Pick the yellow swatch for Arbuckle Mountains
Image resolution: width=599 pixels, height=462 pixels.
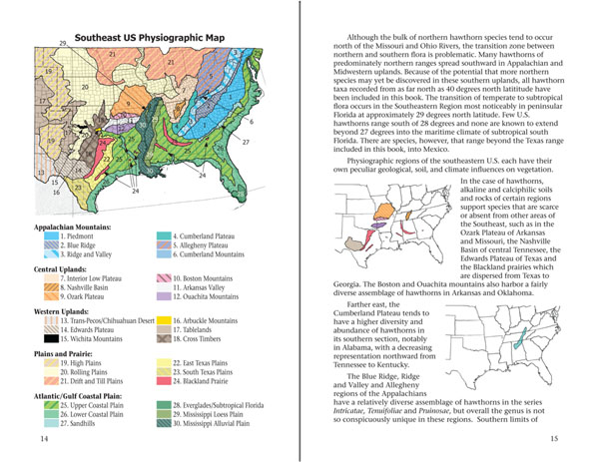tap(162, 321)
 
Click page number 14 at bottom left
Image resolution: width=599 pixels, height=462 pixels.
tap(42, 439)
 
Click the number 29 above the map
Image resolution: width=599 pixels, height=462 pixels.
tap(62, 44)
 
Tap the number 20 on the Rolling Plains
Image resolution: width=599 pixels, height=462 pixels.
tap(86, 88)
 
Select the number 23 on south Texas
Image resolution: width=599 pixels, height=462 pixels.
tap(77, 185)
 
